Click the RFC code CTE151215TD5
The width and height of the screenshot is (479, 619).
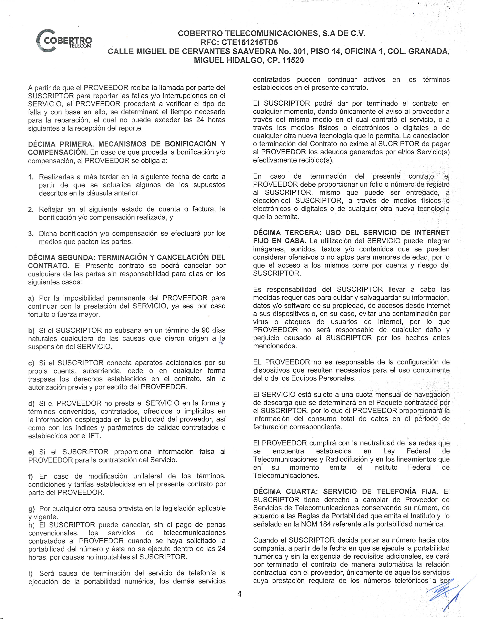(x=249, y=43)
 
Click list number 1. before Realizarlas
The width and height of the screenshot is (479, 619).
(x=31, y=177)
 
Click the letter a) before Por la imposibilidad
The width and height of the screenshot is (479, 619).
(x=31, y=298)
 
